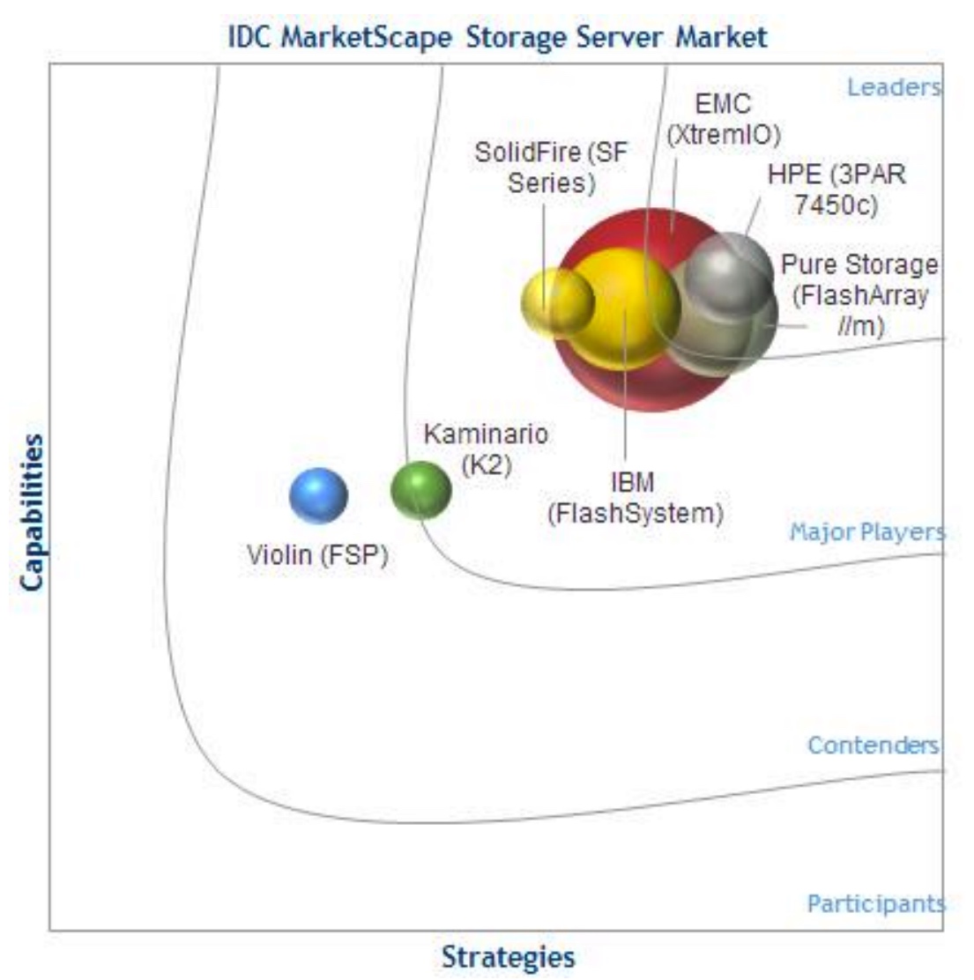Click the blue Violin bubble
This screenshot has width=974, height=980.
coord(318,495)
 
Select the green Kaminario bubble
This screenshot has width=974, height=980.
coord(420,490)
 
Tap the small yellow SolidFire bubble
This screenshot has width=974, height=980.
coord(557,302)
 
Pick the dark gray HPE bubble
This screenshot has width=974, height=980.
coord(729,273)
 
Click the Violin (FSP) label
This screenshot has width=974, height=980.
coord(317,555)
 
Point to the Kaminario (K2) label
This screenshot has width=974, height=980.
coord(486,449)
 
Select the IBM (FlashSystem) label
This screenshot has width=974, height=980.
coord(636,498)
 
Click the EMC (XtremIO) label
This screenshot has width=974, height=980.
coord(724,119)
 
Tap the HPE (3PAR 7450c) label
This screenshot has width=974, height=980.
coord(836,189)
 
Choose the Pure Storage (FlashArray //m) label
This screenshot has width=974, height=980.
coord(859,295)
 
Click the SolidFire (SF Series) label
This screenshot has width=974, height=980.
coord(551,167)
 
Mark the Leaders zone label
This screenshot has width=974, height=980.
coord(894,87)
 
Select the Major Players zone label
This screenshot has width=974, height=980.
coord(867,532)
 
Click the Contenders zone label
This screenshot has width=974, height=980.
coord(874,745)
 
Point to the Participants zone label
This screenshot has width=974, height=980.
coord(876,903)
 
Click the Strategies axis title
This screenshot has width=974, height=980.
coord(509,957)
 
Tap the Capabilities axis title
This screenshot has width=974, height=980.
coord(31,513)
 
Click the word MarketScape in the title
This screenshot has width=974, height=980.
coord(367,37)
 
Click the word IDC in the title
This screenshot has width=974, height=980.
coord(249,37)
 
